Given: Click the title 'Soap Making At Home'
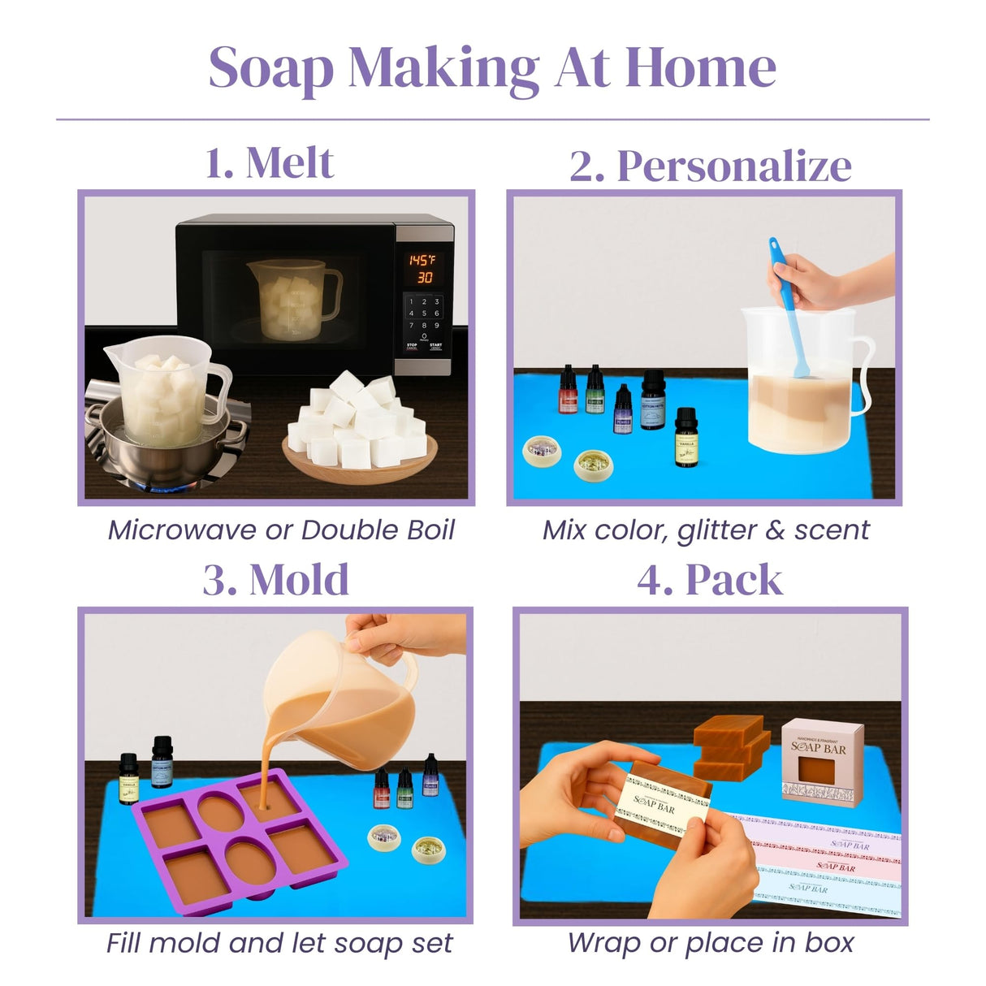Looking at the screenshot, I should pyautogui.click(x=492, y=68).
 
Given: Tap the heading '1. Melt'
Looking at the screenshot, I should pyautogui.click(x=269, y=163).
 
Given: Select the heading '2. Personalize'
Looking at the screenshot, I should pyautogui.click(x=710, y=166).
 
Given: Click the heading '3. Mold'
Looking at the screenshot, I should pyautogui.click(x=275, y=580).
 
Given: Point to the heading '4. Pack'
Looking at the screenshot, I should pyautogui.click(x=709, y=580).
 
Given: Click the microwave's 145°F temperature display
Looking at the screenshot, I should pyautogui.click(x=422, y=260).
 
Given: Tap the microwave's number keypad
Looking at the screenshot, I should pyautogui.click(x=423, y=314).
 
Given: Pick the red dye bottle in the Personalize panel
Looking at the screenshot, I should pyautogui.click(x=568, y=390).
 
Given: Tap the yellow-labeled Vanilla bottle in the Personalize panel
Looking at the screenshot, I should pyautogui.click(x=686, y=439).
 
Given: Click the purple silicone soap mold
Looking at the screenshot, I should pyautogui.click(x=240, y=837).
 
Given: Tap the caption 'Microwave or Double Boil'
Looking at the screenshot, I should pyautogui.click(x=281, y=530).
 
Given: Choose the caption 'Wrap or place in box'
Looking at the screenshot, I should pyautogui.click(x=710, y=943).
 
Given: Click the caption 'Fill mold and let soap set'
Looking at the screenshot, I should pyautogui.click(x=279, y=943).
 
